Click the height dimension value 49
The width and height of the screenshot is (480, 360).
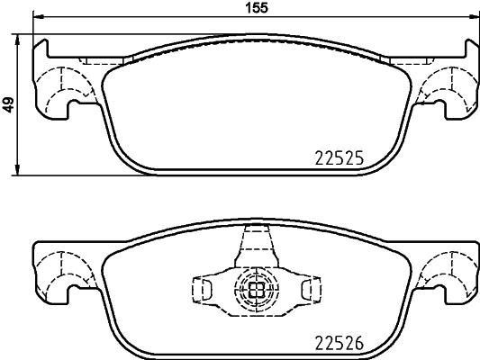point(8,104)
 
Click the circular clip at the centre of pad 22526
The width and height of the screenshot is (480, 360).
point(255,289)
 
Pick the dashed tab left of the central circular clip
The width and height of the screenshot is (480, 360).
point(204,288)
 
